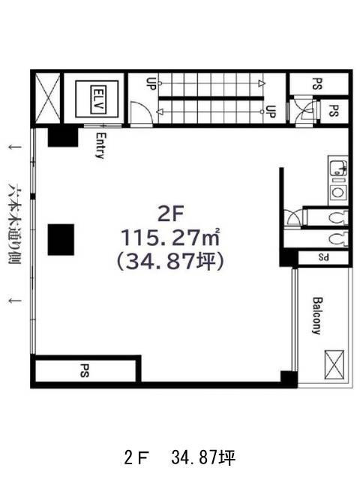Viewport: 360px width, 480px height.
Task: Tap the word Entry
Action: click(100, 145)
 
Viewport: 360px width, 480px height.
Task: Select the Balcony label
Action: click(317, 316)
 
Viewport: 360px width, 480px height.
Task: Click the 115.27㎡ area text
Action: click(170, 237)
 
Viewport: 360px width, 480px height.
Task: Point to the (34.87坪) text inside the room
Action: click(170, 262)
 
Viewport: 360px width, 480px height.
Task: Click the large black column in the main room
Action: click(61, 239)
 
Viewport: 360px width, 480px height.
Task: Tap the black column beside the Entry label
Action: click(63, 136)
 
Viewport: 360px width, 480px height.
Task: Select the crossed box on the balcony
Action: click(334, 364)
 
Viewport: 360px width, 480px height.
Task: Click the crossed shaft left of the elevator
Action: click(48, 98)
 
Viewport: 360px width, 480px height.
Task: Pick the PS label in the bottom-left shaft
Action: click(84, 370)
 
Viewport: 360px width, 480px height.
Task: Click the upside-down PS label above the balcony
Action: click(323, 257)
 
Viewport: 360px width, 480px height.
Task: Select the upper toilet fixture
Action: click(338, 217)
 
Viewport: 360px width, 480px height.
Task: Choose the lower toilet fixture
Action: click(338, 239)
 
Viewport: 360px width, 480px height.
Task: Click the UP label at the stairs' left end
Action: click(151, 83)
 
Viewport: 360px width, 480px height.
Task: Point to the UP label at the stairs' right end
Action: click(271, 112)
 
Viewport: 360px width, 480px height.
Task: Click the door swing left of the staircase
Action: click(140, 112)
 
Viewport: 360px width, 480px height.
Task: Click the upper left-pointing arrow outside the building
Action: click(15, 147)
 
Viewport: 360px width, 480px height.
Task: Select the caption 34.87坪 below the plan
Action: click(203, 458)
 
